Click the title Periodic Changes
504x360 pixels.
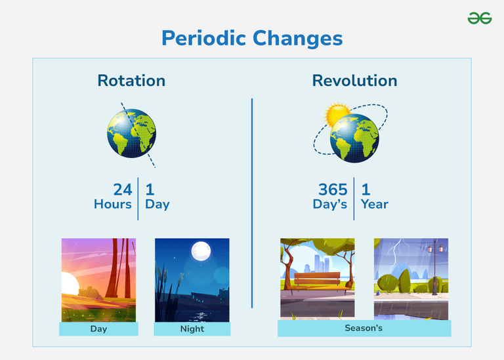pyautogui.click(x=252, y=38)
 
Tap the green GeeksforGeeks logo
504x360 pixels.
pyautogui.click(x=480, y=18)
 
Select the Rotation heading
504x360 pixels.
pyautogui.click(x=131, y=81)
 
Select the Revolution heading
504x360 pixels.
pyautogui.click(x=354, y=81)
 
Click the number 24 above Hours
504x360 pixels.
pyautogui.click(x=122, y=190)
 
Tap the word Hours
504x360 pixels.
pyautogui.click(x=113, y=204)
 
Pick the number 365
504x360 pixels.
pyautogui.click(x=333, y=190)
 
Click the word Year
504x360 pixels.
pyautogui.click(x=374, y=204)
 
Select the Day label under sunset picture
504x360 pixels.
pyautogui.click(x=98, y=329)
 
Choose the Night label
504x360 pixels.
pyautogui.click(x=192, y=329)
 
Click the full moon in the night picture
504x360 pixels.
pyautogui.click(x=200, y=252)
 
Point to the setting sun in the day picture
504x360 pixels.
pyautogui.click(x=67, y=285)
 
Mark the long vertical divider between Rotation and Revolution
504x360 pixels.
pyautogui.click(x=252, y=203)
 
